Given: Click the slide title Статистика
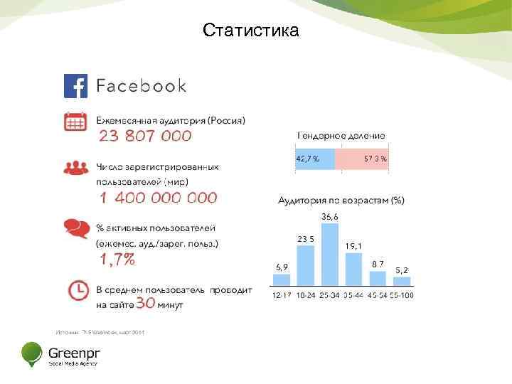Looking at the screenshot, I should pos(250,31).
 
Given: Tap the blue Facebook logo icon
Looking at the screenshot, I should pos(75,86).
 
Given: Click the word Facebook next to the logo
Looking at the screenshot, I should pos(141,86).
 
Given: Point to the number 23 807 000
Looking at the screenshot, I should pos(145,136).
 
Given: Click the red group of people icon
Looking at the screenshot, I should pos(75,167).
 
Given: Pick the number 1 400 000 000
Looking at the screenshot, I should pos(158,198).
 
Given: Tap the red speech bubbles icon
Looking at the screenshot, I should pos(75,228).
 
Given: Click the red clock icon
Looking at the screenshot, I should pos(75,291).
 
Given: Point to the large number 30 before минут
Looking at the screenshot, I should pos(146,304).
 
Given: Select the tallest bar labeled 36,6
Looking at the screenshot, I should pos(330,256).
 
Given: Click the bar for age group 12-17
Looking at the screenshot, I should pos(282,281).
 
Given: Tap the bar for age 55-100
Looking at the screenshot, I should pos(402,283).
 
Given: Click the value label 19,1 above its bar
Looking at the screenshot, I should pos(353,246).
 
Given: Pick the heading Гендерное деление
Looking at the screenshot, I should pos(341,135).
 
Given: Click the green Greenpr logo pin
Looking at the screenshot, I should pos(32,353).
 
